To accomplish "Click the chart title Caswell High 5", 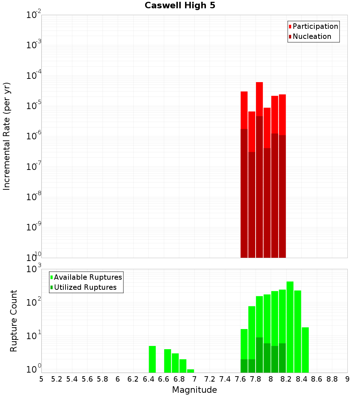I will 180,6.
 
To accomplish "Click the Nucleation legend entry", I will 311,36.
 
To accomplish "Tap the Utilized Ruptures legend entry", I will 85,287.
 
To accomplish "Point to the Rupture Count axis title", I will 14,321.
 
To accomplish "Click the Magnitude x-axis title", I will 194,390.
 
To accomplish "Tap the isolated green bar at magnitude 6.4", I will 152,359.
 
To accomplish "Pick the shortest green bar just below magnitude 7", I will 190,371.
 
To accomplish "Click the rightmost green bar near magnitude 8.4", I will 305,350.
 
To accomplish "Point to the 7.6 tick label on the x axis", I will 240,379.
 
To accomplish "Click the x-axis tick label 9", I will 347,379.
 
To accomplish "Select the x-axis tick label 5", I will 41,379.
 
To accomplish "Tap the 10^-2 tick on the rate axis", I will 34,15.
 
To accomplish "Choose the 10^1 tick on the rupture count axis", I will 34,337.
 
